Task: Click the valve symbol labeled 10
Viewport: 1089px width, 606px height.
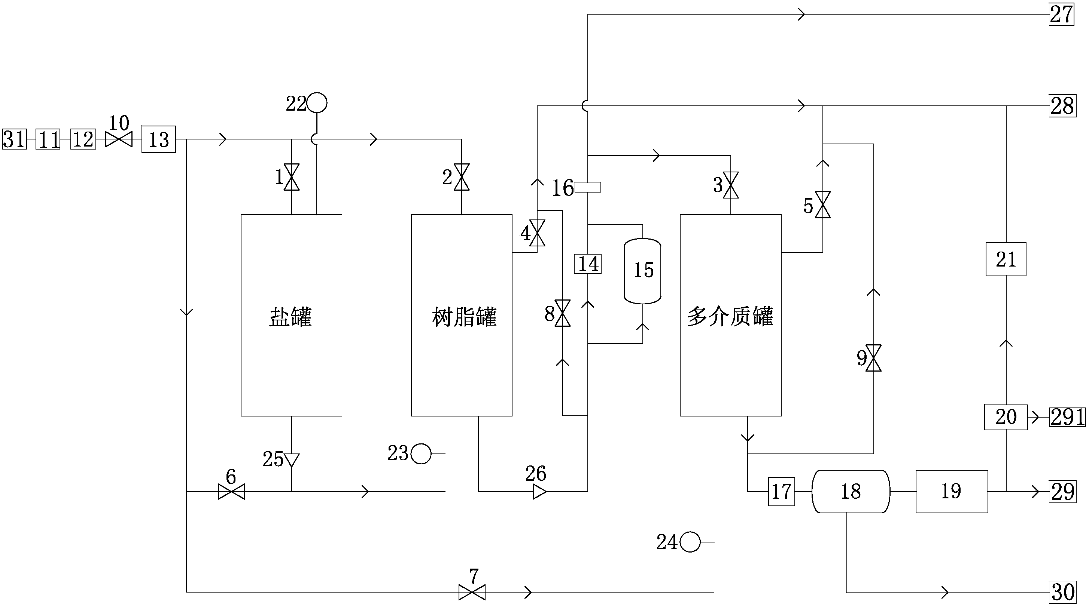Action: (x=119, y=139)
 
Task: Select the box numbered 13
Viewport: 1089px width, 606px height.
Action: (x=158, y=139)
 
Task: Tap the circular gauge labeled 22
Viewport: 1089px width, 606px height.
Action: (x=317, y=102)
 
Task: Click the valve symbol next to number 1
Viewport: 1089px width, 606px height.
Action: (x=292, y=177)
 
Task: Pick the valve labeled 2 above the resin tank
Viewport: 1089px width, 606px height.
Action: (x=461, y=177)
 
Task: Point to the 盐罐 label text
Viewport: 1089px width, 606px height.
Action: (x=291, y=317)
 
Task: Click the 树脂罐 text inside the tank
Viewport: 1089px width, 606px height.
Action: (x=464, y=317)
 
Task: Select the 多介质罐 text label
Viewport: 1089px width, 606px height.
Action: (x=730, y=317)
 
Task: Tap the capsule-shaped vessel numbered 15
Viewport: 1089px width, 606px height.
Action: (x=642, y=271)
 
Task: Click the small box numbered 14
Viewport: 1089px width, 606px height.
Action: (x=588, y=264)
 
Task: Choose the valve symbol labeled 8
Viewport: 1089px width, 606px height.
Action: (x=562, y=313)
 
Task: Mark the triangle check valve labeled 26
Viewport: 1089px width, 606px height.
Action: (x=539, y=492)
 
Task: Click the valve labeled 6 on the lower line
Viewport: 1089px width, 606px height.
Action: (x=231, y=492)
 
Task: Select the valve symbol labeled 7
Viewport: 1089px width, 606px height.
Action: (x=472, y=592)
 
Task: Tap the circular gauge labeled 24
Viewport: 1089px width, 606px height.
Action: (x=690, y=542)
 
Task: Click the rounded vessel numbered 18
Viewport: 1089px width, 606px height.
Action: (x=851, y=492)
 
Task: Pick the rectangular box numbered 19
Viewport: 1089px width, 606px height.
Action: (x=952, y=492)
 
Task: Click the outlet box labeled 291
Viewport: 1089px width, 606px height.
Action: (x=1067, y=417)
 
